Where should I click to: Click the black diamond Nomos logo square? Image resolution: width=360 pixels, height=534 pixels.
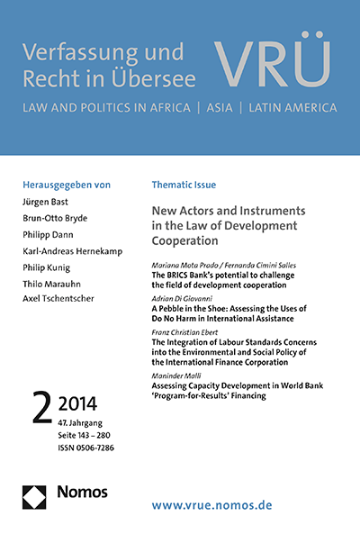33,493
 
